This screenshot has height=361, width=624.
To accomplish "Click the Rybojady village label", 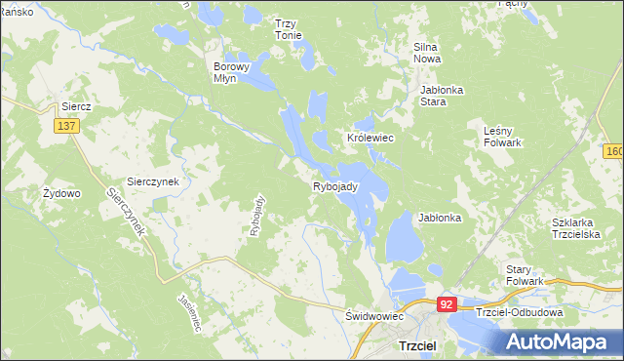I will tap(336, 185).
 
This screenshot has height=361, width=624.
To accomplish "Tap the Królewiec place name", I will tap(370, 139).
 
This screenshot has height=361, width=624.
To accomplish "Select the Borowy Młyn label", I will tap(232, 74).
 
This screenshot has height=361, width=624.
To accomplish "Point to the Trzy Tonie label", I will tap(288, 29).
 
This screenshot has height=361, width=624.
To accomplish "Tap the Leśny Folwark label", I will tap(503, 136).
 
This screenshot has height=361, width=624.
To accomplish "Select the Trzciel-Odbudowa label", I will tap(520, 312).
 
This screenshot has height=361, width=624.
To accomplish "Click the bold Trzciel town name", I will tap(418, 346).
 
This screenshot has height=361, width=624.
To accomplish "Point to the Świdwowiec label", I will tap(374, 316).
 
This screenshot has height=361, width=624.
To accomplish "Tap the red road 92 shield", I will tap(447, 304).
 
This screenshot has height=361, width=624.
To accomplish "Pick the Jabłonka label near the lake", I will tap(440, 218).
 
